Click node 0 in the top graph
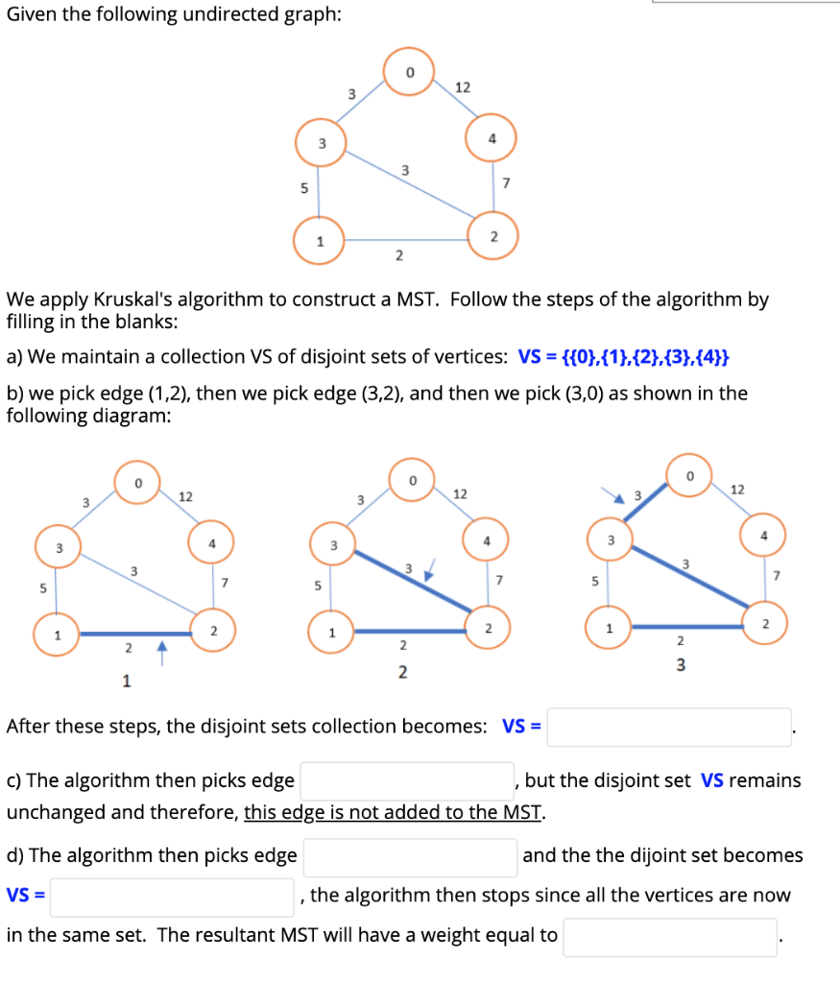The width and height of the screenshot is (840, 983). tap(409, 72)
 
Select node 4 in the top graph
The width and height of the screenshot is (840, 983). tap(492, 138)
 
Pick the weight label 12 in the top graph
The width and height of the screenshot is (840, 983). tap(462, 87)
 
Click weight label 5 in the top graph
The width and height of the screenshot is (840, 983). tap(304, 188)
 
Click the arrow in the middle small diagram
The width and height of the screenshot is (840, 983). tap(428, 575)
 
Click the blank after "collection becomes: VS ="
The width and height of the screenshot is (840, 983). tap(669, 727)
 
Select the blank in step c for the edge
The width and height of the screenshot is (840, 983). tap(407, 780)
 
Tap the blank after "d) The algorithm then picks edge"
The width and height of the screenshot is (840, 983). tap(410, 856)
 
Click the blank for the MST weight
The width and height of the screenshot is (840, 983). tap(669, 936)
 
